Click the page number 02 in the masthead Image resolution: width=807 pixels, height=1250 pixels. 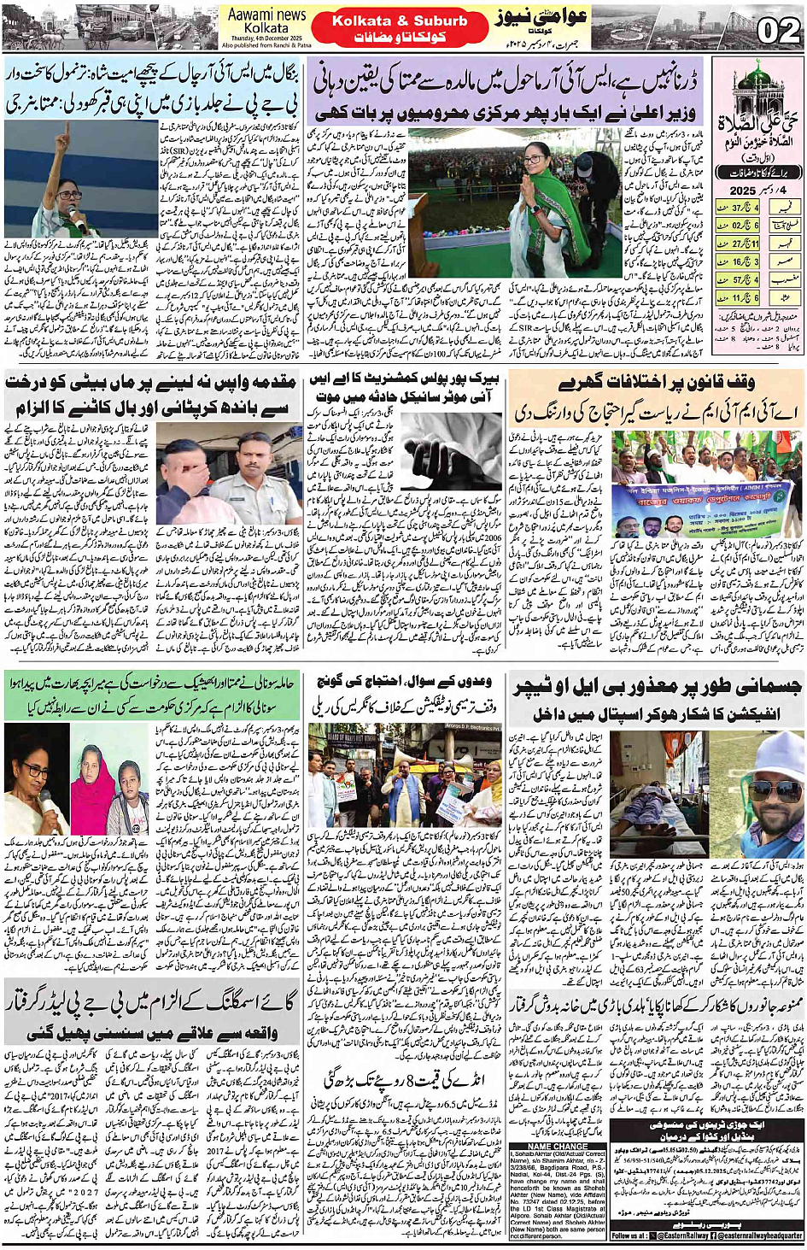pyautogui.click(x=779, y=32)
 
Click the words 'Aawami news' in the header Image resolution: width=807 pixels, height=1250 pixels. pyautogui.click(x=266, y=15)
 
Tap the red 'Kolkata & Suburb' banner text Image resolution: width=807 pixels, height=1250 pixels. pyautogui.click(x=400, y=21)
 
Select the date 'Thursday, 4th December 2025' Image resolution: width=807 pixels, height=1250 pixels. pyautogui.click(x=266, y=38)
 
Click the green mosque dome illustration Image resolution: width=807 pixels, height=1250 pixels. pyautogui.click(x=757, y=78)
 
